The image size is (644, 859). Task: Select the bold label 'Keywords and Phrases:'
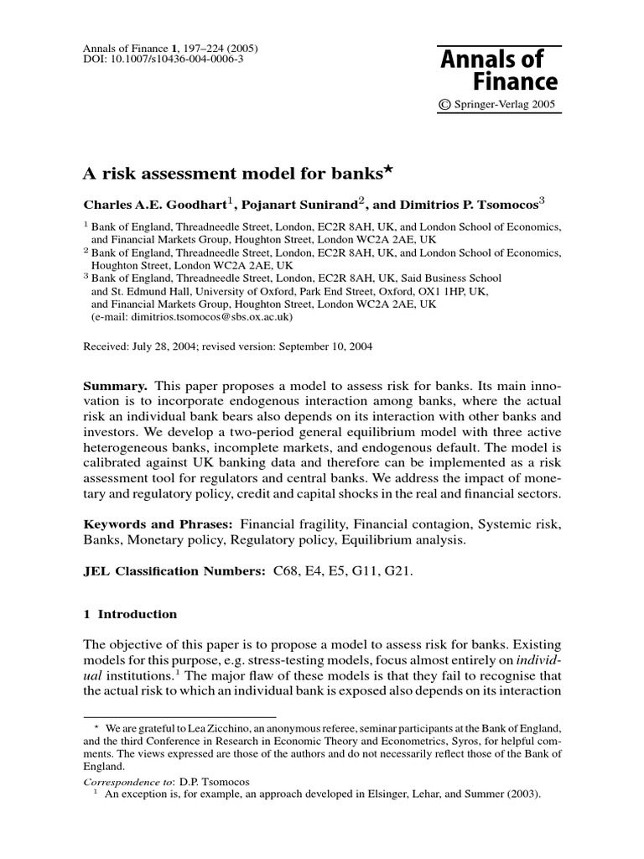click(148, 524)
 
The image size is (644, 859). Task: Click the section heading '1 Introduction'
click(130, 614)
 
